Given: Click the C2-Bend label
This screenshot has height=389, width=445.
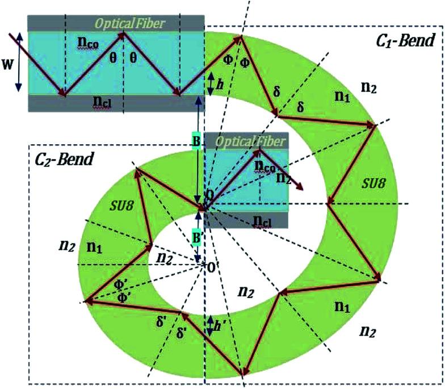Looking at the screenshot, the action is (x=61, y=158).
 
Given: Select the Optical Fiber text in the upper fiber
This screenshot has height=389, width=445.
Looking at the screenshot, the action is (x=130, y=23).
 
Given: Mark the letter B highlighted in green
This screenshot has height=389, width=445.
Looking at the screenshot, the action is (x=196, y=141).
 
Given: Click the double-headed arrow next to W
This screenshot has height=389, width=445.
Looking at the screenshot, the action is (x=19, y=61).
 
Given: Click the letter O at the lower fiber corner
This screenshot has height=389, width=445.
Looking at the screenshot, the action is (x=210, y=194).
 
